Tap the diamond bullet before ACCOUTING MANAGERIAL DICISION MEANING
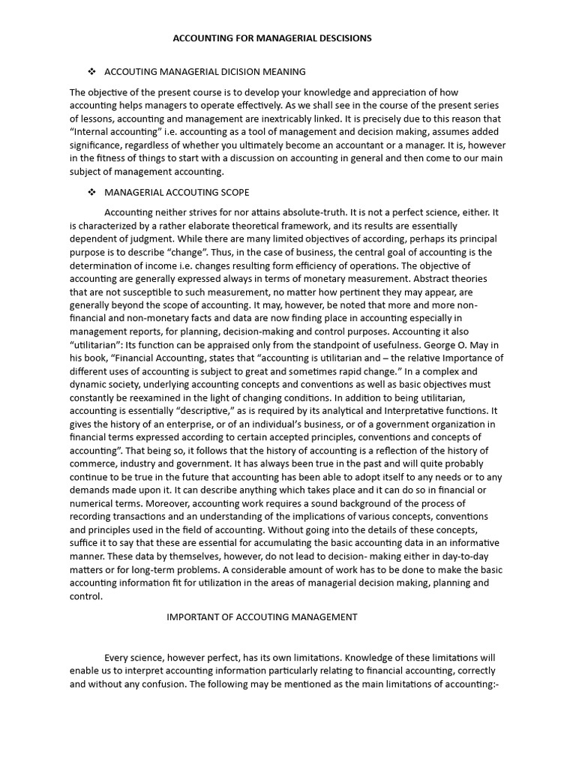pyautogui.click(x=92, y=72)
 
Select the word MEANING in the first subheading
pyautogui.click(x=284, y=72)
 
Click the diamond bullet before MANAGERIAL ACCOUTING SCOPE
pyautogui.click(x=92, y=192)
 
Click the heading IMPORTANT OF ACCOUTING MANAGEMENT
pyautogui.click(x=262, y=617)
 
